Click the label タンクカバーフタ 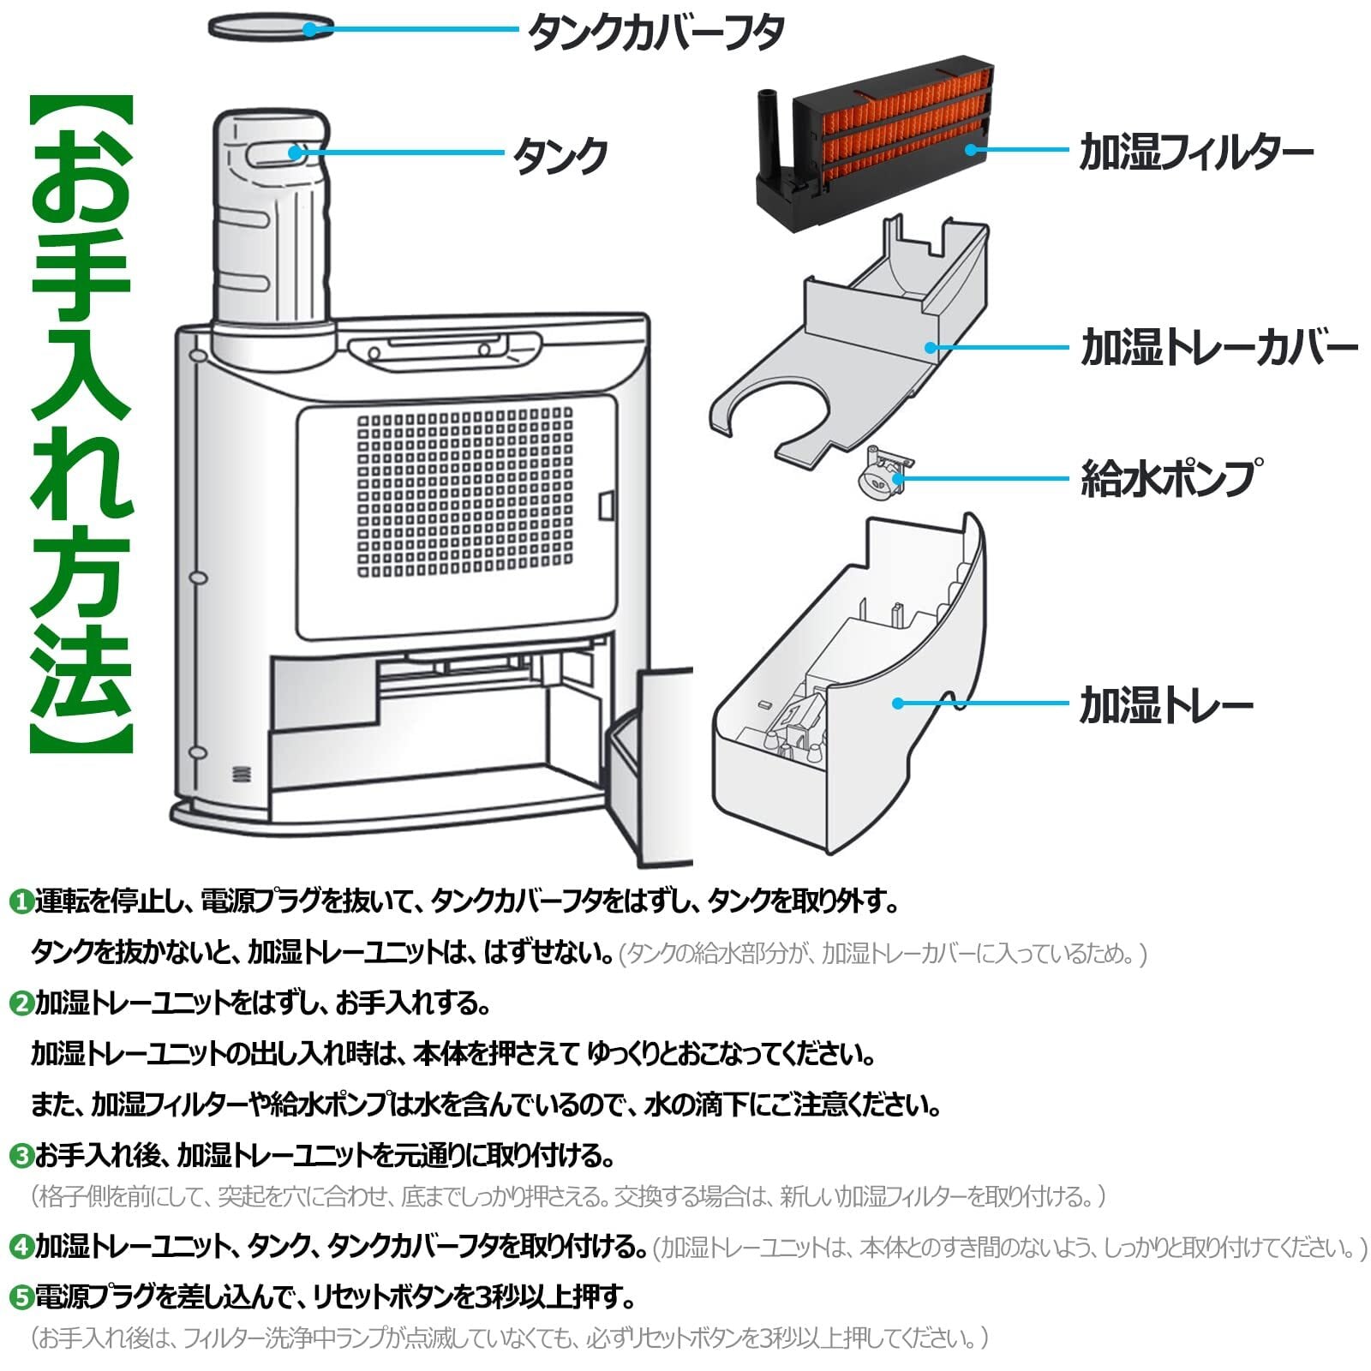(x=656, y=32)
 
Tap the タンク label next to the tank (x=560, y=156)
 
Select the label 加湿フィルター (x=1196, y=153)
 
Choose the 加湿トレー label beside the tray (x=1166, y=705)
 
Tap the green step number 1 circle (x=20, y=902)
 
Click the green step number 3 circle (x=20, y=1156)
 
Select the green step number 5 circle (x=20, y=1297)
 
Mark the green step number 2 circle (x=20, y=1003)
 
